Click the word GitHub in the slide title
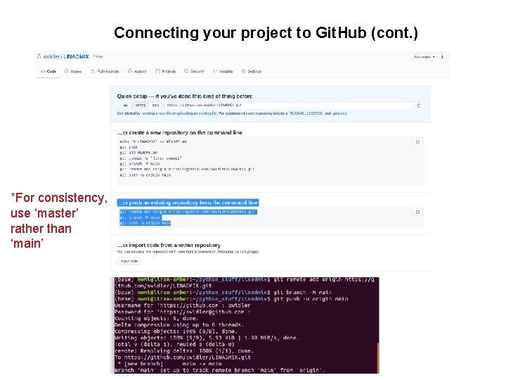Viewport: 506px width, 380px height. pyautogui.click(x=342, y=33)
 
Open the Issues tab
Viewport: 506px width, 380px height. pyautogui.click(x=74, y=71)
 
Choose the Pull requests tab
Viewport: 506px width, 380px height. pyautogui.click(x=105, y=71)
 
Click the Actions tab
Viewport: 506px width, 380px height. pyautogui.click(x=139, y=71)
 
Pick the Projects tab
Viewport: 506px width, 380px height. pyautogui.click(x=167, y=71)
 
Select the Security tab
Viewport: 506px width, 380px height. pyautogui.click(x=196, y=71)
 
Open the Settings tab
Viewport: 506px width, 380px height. pyautogui.click(x=252, y=71)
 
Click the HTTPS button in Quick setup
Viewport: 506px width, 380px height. pyautogui.click(x=140, y=106)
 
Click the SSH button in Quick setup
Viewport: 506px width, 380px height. pyautogui.click(x=156, y=106)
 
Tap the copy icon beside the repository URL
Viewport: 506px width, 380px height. pyautogui.click(x=419, y=106)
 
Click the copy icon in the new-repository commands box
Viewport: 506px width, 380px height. pyautogui.click(x=417, y=141)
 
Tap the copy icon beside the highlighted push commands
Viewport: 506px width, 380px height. pyautogui.click(x=417, y=212)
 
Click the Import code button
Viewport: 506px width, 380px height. pyautogui.click(x=129, y=261)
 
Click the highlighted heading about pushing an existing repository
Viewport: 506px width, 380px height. pyautogui.click(x=188, y=203)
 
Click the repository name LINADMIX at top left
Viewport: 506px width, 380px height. pyautogui.click(x=78, y=56)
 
